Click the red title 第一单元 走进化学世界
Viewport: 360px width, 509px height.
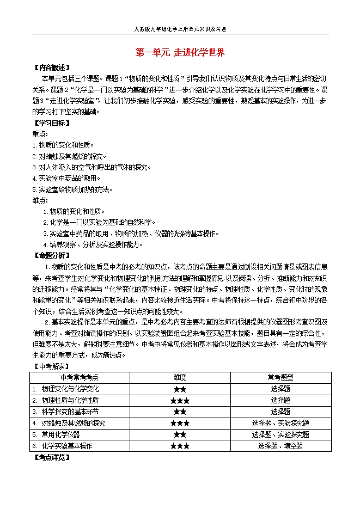click(x=180, y=53)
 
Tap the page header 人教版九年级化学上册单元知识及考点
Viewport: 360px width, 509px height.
click(x=180, y=30)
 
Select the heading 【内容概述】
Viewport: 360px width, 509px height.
click(x=52, y=68)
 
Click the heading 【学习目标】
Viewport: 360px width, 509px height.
click(x=52, y=123)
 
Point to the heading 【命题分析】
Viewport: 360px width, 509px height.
click(x=52, y=255)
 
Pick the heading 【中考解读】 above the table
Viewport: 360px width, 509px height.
click(x=51, y=366)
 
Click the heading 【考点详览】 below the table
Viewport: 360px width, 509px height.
click(x=52, y=457)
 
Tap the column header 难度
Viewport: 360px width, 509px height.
click(x=180, y=377)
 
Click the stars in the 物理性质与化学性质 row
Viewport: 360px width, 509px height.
click(x=180, y=401)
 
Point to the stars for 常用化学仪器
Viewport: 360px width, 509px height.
click(x=180, y=434)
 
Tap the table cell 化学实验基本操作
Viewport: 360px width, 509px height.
click(x=66, y=446)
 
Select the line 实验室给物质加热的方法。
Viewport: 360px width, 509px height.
click(x=73, y=189)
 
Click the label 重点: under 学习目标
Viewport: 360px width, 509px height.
click(x=40, y=134)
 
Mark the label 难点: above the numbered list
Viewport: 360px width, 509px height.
click(x=40, y=200)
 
